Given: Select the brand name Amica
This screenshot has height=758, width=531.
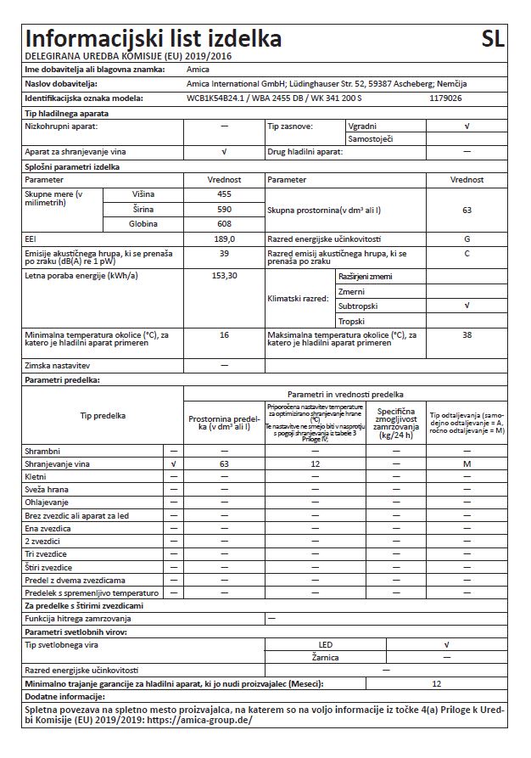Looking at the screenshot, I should coord(198,69).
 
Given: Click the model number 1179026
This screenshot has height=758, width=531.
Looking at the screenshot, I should coord(446,98).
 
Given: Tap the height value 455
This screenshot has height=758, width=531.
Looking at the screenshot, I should coord(224,194).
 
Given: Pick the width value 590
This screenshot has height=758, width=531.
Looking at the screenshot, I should coord(224,209).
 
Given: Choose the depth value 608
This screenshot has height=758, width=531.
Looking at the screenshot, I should coord(224,223).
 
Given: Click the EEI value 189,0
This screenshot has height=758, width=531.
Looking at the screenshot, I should coord(224,239).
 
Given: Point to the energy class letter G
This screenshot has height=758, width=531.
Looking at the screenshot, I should coord(467,239).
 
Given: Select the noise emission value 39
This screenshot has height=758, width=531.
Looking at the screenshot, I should coord(224,253).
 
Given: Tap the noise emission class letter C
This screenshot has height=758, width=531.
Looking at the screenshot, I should coord(467,253).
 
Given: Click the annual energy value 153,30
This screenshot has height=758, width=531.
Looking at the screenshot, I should coord(224,276).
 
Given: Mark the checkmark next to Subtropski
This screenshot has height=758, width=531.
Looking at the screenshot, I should coord(467,306).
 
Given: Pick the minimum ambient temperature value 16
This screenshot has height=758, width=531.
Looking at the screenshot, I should coord(224,335).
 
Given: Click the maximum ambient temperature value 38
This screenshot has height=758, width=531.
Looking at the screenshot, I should coord(467,335).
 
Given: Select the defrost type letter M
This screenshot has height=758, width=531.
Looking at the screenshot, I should coord(467,464).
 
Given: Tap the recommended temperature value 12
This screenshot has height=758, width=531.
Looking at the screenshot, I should coord(314,464).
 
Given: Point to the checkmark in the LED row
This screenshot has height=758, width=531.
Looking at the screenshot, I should coord(446,644).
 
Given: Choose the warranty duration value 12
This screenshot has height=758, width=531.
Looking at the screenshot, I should coord(436,683).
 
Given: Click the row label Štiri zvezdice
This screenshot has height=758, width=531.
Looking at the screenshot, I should coord(49,566).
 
